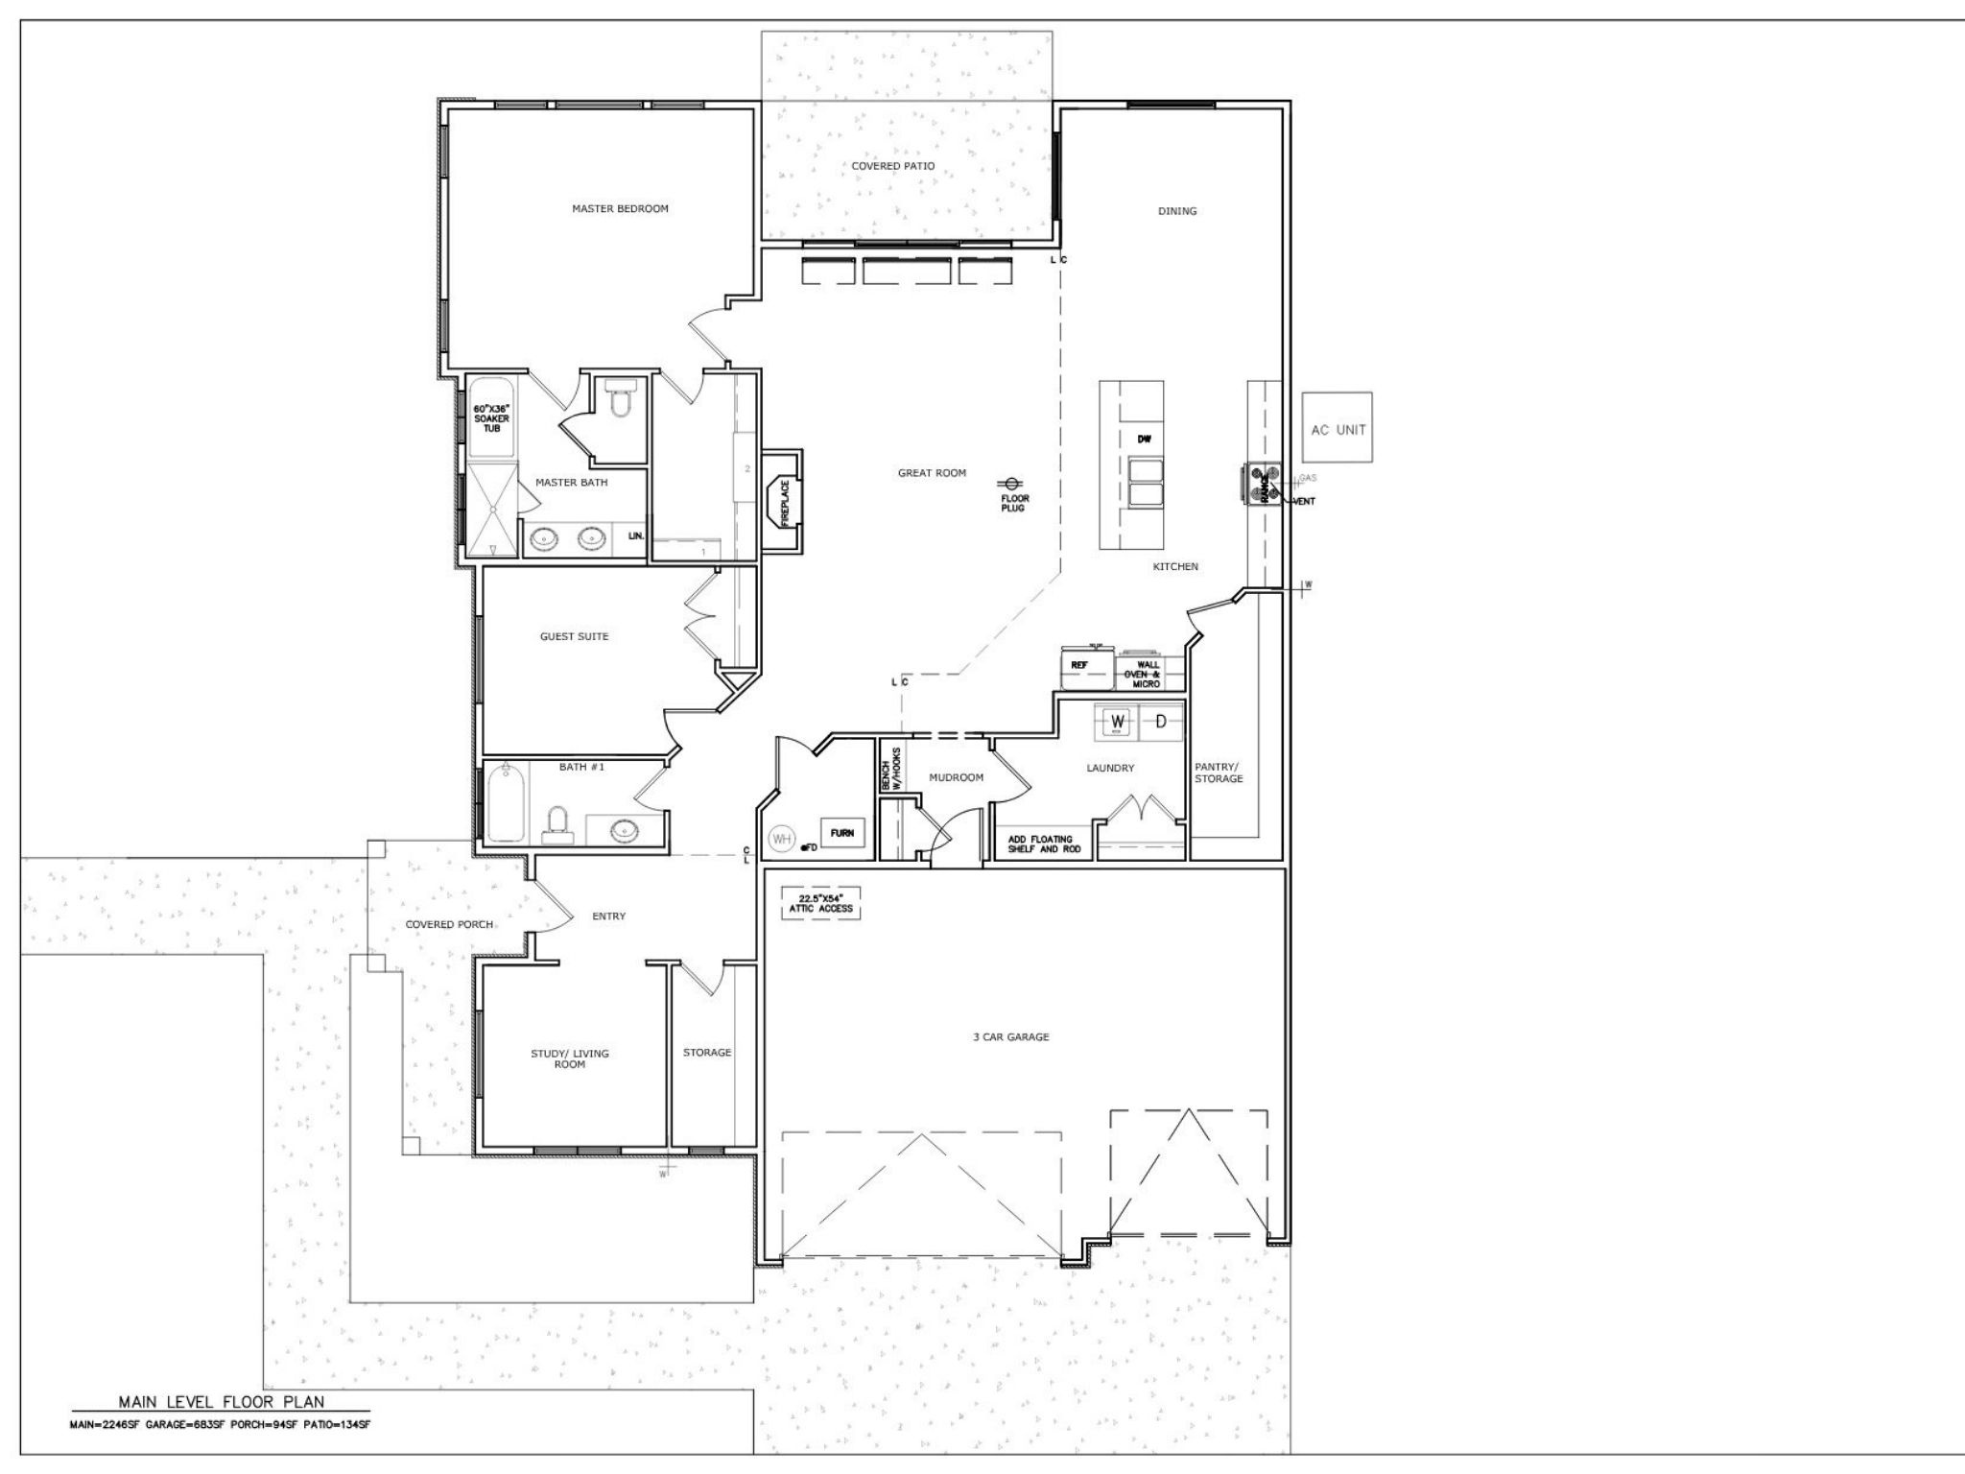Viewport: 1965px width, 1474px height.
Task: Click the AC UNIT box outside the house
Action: coord(1337,429)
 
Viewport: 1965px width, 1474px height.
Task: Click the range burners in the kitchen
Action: coord(1263,483)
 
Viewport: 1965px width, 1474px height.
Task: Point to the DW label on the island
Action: coord(1144,439)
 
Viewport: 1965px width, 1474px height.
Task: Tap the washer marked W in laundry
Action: coord(1117,721)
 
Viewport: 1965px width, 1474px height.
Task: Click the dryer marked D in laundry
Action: coord(1159,721)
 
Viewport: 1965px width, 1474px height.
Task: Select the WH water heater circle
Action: coord(782,839)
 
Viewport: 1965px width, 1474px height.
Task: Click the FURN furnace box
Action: coord(841,833)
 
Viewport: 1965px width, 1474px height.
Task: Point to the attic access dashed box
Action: coord(819,903)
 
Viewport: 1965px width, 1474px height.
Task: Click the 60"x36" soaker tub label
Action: coord(491,418)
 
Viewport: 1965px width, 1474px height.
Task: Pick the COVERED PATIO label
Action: coord(892,166)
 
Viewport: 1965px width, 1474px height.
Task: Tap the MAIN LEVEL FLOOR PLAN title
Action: coord(221,1402)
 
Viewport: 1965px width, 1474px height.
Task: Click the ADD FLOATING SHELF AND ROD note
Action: coord(1040,844)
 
